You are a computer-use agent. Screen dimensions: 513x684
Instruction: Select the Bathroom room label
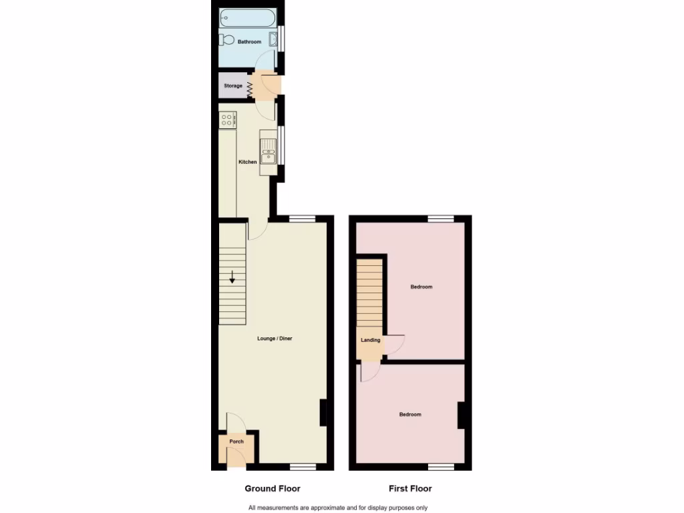tap(249, 42)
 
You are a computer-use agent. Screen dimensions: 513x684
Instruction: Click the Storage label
tap(233, 86)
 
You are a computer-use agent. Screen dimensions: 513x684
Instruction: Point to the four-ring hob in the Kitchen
tap(227, 120)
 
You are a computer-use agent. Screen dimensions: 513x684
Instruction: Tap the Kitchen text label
tap(248, 162)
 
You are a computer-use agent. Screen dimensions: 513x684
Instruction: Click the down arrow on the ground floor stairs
tap(232, 277)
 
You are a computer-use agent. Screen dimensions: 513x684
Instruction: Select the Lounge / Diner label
tap(275, 339)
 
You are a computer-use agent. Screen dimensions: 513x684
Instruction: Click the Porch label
tap(236, 442)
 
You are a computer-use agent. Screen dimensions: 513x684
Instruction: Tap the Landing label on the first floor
tap(371, 340)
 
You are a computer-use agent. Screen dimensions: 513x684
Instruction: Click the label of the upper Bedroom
tap(421, 287)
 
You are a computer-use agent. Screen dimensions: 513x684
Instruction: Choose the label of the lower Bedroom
tap(410, 415)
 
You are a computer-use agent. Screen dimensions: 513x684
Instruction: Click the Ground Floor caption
tap(273, 488)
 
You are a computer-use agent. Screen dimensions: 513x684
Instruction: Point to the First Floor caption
tap(410, 488)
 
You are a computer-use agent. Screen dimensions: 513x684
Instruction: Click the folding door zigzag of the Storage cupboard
tap(250, 88)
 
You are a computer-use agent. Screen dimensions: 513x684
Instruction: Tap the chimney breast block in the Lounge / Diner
tap(323, 412)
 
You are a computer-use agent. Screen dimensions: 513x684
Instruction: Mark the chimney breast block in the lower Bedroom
tap(461, 415)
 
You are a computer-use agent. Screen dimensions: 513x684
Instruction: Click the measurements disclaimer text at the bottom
tap(338, 508)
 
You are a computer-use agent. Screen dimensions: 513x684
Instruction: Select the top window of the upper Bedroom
tap(440, 218)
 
